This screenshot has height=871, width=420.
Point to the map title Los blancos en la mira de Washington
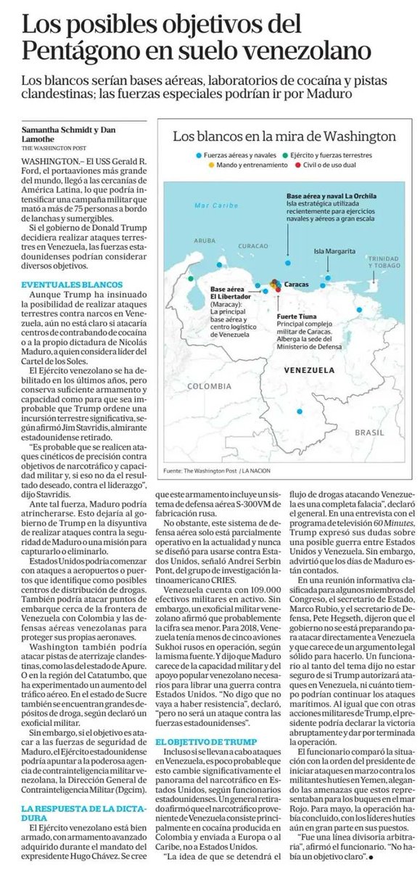[x=284, y=136]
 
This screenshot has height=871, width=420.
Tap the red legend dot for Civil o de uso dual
[x=304, y=167]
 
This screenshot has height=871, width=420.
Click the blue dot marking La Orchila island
[x=288, y=263]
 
